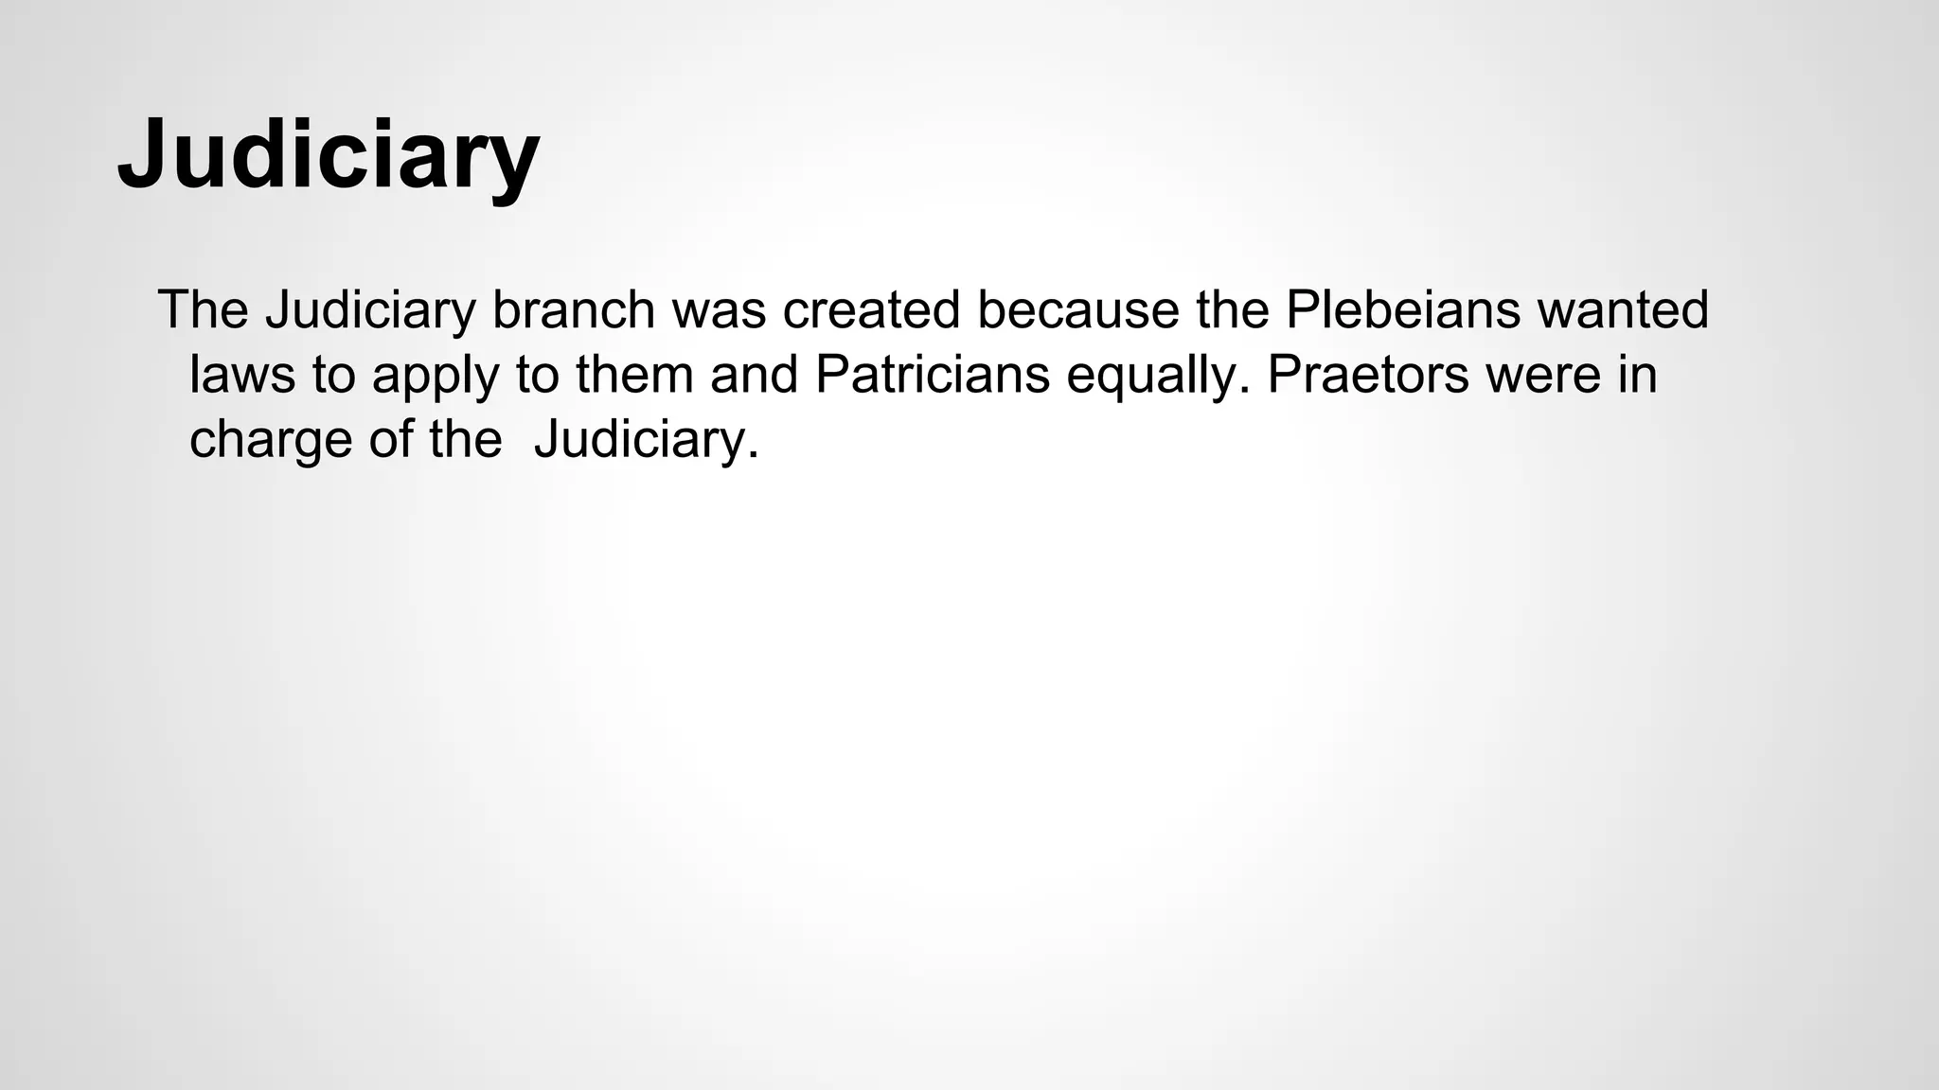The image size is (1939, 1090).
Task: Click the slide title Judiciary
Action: click(328, 153)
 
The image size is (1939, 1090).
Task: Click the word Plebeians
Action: click(1401, 309)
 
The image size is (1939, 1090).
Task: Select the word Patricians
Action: click(932, 374)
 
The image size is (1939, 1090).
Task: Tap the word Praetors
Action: click(1367, 374)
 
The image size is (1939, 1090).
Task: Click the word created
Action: click(871, 309)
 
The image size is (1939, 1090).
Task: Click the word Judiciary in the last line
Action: click(646, 440)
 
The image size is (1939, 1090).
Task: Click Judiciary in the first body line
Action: click(369, 309)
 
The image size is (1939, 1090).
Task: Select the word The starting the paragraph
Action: click(203, 309)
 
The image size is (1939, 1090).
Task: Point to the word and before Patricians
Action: click(754, 374)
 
